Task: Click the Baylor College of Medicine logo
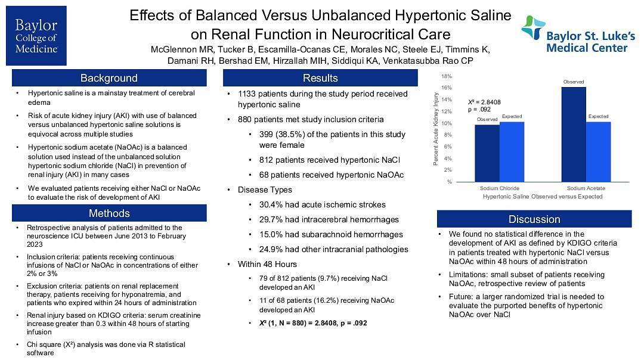[x=36, y=36]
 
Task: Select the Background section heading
[x=109, y=78]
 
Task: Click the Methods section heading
[x=109, y=213]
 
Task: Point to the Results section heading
[x=320, y=78]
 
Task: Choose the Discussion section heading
[x=534, y=219]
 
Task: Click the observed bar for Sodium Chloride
[x=487, y=153]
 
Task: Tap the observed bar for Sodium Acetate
[x=574, y=134]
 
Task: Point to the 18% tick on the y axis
[x=446, y=76]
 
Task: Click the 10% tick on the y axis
[x=446, y=123]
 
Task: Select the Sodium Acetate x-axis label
[x=586, y=188]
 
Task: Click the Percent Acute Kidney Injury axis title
[x=436, y=129]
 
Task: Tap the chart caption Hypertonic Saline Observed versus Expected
[x=543, y=196]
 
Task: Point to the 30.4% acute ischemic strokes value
[x=271, y=204]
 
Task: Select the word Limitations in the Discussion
[x=469, y=275]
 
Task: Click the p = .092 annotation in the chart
[x=479, y=110]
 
